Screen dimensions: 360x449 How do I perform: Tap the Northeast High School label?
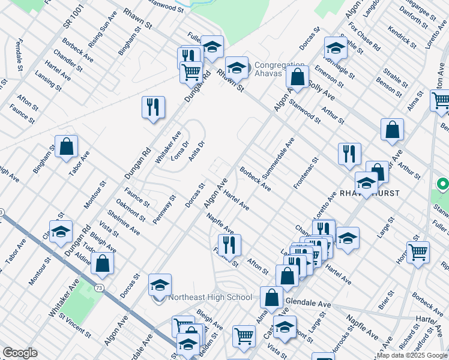point(210,297)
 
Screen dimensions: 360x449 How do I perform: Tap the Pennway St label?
point(164,209)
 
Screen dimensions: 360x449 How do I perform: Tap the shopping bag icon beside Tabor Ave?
point(67,146)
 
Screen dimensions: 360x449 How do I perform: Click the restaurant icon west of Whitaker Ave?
point(153,107)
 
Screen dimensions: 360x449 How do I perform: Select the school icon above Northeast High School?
point(160,284)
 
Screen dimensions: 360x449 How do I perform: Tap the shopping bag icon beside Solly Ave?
point(297,77)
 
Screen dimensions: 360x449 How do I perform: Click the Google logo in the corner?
point(20,353)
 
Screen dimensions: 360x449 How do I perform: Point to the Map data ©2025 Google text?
point(412,355)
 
